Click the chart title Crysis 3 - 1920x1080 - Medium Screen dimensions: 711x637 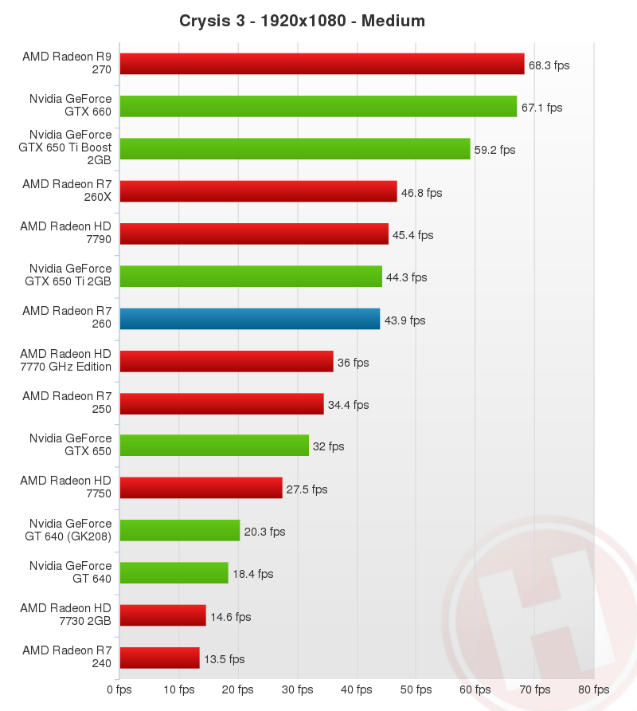click(303, 21)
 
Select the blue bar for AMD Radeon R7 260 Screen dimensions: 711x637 click(249, 319)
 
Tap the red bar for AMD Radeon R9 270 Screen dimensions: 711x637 click(322, 64)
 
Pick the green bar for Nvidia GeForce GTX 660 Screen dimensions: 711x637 click(318, 106)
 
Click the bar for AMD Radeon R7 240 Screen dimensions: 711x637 click(159, 658)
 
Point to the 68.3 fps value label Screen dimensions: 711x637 click(549, 65)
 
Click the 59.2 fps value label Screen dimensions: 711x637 click(495, 149)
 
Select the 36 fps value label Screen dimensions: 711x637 click(354, 362)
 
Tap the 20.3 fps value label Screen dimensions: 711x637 click(264, 532)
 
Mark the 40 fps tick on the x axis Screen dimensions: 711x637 click(357, 689)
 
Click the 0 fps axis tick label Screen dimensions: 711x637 click(119, 689)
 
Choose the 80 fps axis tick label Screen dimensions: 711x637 click(594, 689)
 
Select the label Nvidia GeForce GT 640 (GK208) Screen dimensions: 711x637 click(68, 530)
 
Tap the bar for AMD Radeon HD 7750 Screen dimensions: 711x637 click(201, 488)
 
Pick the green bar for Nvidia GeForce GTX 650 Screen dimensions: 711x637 click(214, 446)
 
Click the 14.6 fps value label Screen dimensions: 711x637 click(230, 616)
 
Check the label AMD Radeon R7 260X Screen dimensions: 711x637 click(67, 191)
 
